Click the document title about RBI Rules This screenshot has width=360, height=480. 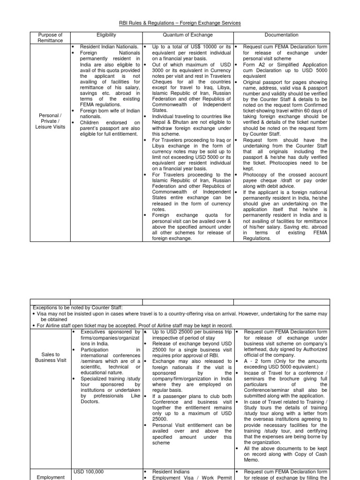tap(180, 23)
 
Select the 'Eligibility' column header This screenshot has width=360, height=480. tap(106, 35)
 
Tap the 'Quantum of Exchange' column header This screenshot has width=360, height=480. tap(187, 35)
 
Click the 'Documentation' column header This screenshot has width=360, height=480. tap(281, 35)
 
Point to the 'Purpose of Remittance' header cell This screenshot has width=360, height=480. tap(50, 37)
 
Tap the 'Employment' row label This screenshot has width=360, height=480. tap(50, 477)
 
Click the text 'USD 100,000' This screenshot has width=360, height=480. tap(89, 471)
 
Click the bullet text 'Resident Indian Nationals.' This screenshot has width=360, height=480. tap(109, 47)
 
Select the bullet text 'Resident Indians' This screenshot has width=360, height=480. tap(171, 472)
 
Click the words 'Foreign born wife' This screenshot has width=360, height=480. tap(99, 111)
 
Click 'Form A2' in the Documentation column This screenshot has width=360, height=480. tap(252, 65)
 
